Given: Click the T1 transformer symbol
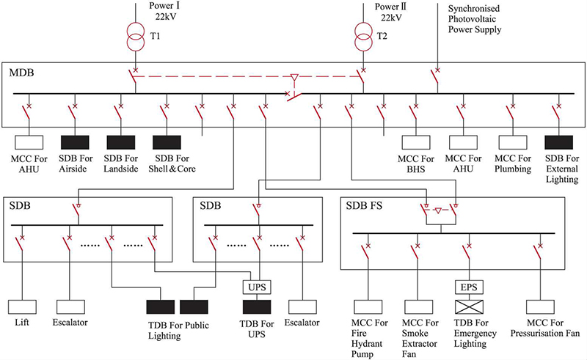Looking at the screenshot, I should [136, 39].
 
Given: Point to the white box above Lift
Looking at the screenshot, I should [22, 306].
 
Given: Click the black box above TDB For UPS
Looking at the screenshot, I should [258, 306].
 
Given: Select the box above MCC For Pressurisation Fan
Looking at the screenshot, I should [544, 306].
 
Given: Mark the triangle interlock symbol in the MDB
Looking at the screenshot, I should [294, 76].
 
